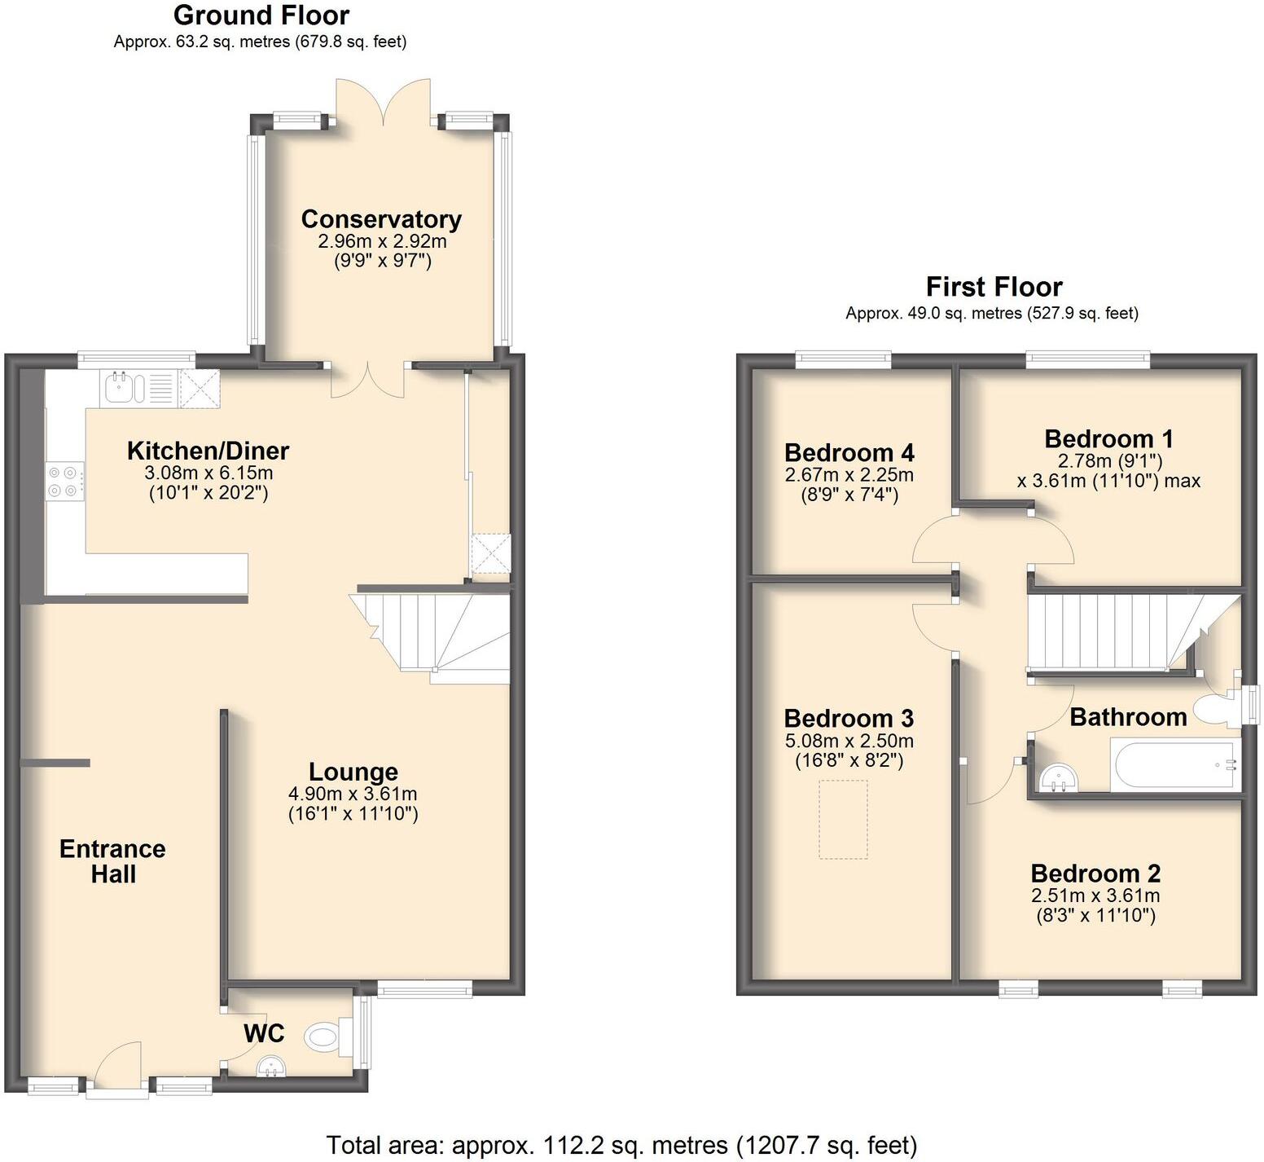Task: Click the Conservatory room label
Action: [x=381, y=219]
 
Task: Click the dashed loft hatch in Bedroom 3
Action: [x=843, y=819]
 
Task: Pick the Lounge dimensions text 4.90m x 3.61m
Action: [x=353, y=794]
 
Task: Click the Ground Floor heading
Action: [x=261, y=15]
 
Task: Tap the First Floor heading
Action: [x=994, y=287]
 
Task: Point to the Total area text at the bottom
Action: [x=621, y=1145]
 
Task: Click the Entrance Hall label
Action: [x=112, y=861]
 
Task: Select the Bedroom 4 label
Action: [x=849, y=452]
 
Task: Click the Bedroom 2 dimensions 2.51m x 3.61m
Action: [x=1095, y=896]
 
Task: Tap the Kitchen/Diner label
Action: [x=208, y=451]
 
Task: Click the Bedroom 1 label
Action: [x=1109, y=439]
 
